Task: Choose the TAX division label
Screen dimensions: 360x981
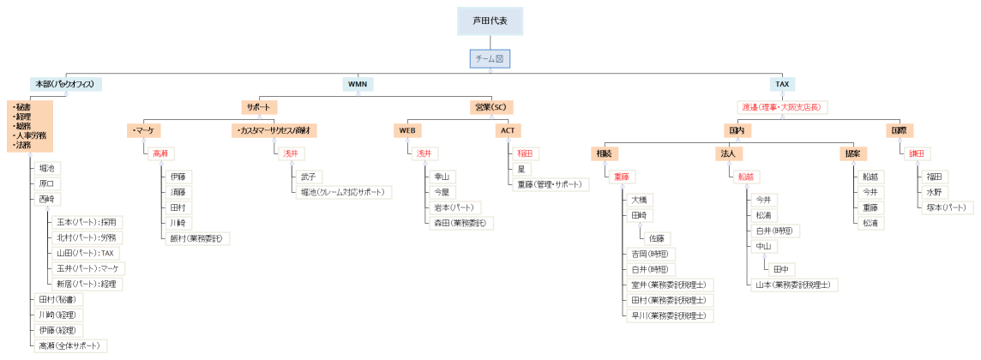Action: [x=782, y=84]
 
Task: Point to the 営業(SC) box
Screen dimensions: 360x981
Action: [x=490, y=107]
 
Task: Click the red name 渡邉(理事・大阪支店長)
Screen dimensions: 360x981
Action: [x=781, y=107]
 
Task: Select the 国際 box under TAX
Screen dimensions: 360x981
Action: [x=900, y=130]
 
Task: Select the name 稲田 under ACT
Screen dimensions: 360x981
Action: [x=525, y=153]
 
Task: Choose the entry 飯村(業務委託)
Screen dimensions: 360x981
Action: [x=199, y=238]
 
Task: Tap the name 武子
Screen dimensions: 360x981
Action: [x=306, y=176]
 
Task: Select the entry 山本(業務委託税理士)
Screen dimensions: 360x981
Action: [x=791, y=284]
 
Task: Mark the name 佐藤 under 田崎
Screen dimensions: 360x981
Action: [x=658, y=238]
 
